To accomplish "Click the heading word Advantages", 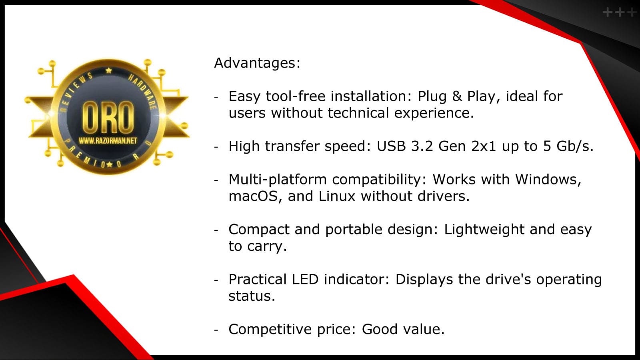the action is click(x=257, y=63).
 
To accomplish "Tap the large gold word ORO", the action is click(x=108, y=118).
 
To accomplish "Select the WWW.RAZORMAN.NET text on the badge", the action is click(x=108, y=140).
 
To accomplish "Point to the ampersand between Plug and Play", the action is click(x=457, y=96).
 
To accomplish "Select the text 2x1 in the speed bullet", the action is click(x=484, y=146).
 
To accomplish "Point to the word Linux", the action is click(x=337, y=196).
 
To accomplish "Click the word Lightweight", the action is click(x=484, y=230).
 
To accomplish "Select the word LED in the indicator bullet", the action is click(x=305, y=279).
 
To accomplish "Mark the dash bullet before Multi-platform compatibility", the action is click(x=216, y=180).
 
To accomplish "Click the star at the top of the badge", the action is click(x=108, y=70).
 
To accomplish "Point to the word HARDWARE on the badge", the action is click(x=143, y=91).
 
